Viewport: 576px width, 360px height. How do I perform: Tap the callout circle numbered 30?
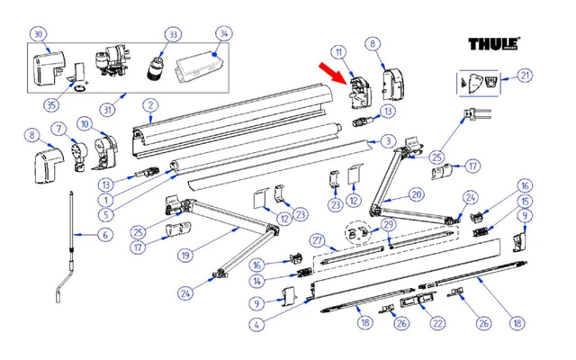point(37,34)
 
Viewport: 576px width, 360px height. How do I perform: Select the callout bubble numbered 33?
point(172,34)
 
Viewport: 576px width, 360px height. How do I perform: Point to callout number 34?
point(222,34)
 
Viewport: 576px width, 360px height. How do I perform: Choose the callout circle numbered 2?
point(150,105)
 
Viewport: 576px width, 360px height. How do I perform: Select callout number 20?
point(415,193)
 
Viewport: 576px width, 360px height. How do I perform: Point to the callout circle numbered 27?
point(317,240)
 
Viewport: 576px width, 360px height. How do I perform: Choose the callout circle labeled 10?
point(83,123)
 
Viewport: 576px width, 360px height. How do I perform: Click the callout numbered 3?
point(386,140)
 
